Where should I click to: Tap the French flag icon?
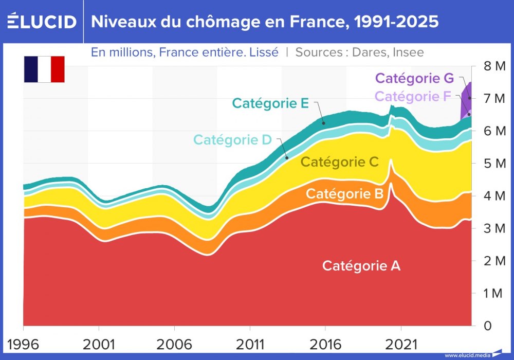tap(44, 69)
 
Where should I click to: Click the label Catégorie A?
tap(361, 266)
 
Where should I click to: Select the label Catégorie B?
tap(344, 194)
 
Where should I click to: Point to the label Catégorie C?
tap(339, 162)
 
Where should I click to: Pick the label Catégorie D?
tap(232, 139)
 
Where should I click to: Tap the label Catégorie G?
tap(414, 79)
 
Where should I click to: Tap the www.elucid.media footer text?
tap(467, 355)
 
